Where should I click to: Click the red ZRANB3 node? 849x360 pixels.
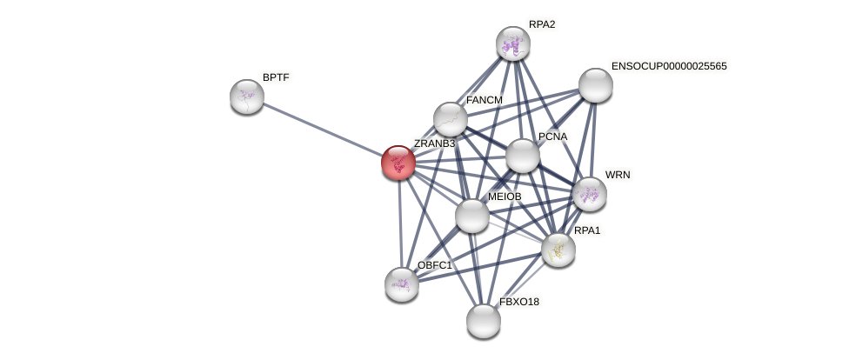398,163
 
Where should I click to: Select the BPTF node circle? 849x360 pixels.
247,97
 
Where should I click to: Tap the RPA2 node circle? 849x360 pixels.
513,43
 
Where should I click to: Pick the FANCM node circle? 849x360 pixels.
451,119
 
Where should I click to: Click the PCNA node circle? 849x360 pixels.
523,156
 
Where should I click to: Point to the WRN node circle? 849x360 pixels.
589,194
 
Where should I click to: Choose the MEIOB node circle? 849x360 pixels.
472,216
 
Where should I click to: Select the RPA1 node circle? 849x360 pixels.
558,250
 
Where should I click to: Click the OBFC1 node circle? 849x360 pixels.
402,284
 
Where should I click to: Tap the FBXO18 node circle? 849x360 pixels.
484,321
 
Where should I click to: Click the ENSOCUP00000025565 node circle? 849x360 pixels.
596,85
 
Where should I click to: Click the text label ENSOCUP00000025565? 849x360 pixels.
669,66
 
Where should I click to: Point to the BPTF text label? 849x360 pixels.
276,77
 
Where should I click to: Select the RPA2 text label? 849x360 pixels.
542,24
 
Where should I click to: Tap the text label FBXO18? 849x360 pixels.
519,302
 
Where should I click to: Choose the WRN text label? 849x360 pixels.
618,175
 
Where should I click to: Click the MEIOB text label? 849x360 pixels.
505,197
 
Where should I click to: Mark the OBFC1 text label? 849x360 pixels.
434,265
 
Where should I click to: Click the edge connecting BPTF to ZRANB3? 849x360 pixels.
322,130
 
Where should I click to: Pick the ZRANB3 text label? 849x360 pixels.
434,143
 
